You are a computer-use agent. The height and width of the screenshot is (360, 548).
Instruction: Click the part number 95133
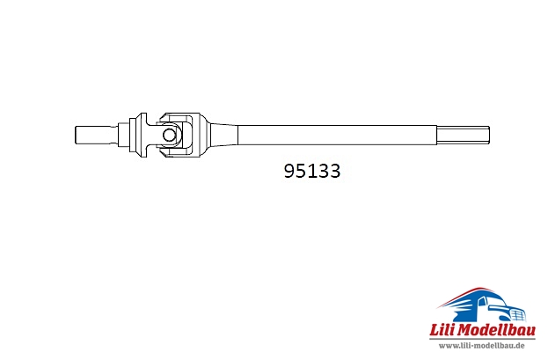(x=311, y=171)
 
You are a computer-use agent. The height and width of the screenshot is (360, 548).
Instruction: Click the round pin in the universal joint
(x=169, y=135)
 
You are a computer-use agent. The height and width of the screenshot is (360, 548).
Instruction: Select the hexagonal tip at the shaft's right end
(x=463, y=135)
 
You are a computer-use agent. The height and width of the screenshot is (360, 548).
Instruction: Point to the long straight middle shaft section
(x=337, y=135)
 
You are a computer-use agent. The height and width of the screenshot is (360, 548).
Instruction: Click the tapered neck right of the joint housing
(x=223, y=135)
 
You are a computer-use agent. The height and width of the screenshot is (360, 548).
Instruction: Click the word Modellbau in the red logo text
(x=496, y=330)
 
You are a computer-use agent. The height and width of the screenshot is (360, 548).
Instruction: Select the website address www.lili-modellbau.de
(x=482, y=346)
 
